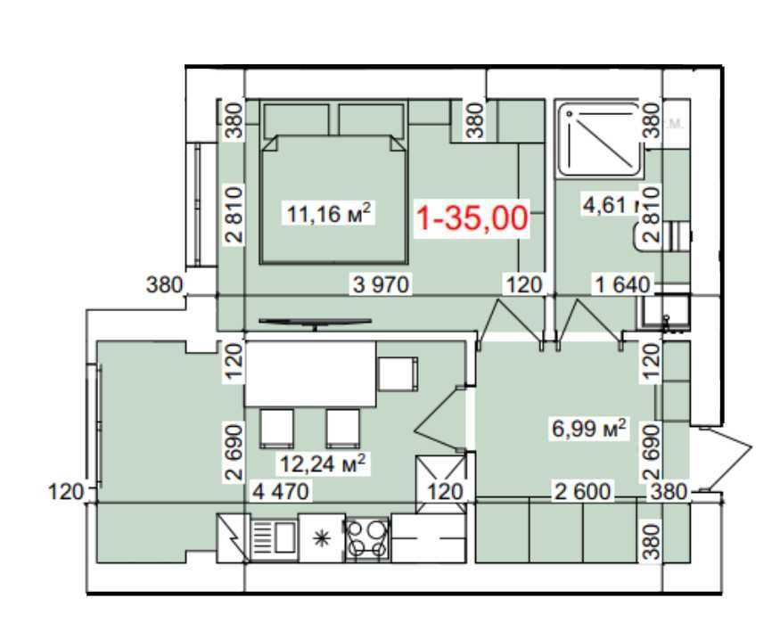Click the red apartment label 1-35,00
[473, 217]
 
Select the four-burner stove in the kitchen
[367, 538]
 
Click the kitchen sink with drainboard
[272, 537]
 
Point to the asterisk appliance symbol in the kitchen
[321, 538]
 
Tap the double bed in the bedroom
[335, 198]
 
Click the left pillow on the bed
[297, 119]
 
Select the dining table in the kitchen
[310, 373]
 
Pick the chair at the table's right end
[398, 373]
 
